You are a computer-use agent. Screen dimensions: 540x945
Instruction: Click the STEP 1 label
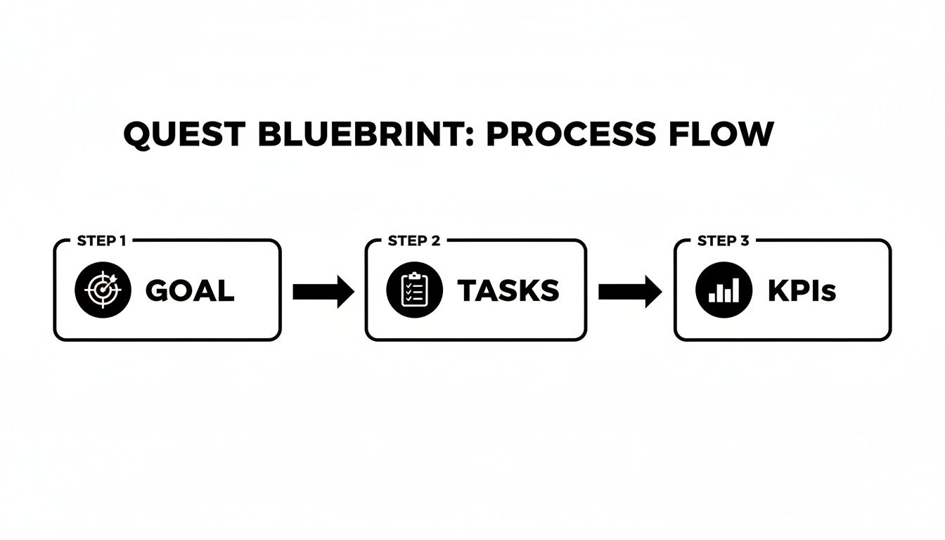(x=101, y=241)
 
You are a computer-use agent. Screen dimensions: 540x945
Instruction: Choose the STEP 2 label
(x=414, y=241)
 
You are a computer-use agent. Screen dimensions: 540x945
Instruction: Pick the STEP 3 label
(x=723, y=241)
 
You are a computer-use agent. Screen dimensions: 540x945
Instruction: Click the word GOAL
(x=189, y=291)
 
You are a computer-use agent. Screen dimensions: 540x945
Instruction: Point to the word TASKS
(x=508, y=291)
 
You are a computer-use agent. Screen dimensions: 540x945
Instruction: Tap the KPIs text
(x=802, y=291)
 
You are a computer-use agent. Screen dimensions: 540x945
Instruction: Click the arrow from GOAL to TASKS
(x=323, y=291)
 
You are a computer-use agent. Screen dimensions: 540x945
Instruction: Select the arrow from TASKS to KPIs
(x=630, y=291)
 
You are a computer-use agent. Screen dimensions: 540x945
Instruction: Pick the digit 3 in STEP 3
(x=745, y=241)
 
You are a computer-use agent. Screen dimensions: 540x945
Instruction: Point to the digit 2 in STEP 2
(x=436, y=241)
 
